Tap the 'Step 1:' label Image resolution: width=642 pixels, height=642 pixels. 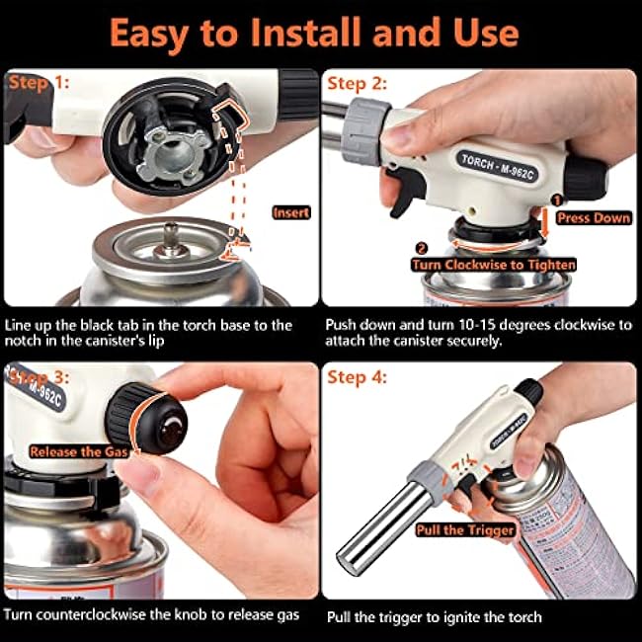[x=39, y=83]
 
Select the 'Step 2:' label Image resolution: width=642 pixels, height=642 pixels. [x=357, y=84]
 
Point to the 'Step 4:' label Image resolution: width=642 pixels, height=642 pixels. [x=357, y=377]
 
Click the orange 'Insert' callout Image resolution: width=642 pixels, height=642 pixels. [x=291, y=212]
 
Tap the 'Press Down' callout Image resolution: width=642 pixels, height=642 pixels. [x=594, y=217]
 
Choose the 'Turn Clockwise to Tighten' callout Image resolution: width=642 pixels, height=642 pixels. [x=494, y=265]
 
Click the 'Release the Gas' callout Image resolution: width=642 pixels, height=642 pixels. [x=79, y=451]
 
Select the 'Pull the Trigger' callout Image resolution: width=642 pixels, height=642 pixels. [x=465, y=530]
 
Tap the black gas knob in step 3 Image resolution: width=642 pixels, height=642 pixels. [x=146, y=419]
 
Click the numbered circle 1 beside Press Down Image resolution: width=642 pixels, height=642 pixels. [x=557, y=200]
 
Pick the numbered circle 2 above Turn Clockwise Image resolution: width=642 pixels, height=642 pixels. [x=422, y=248]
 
